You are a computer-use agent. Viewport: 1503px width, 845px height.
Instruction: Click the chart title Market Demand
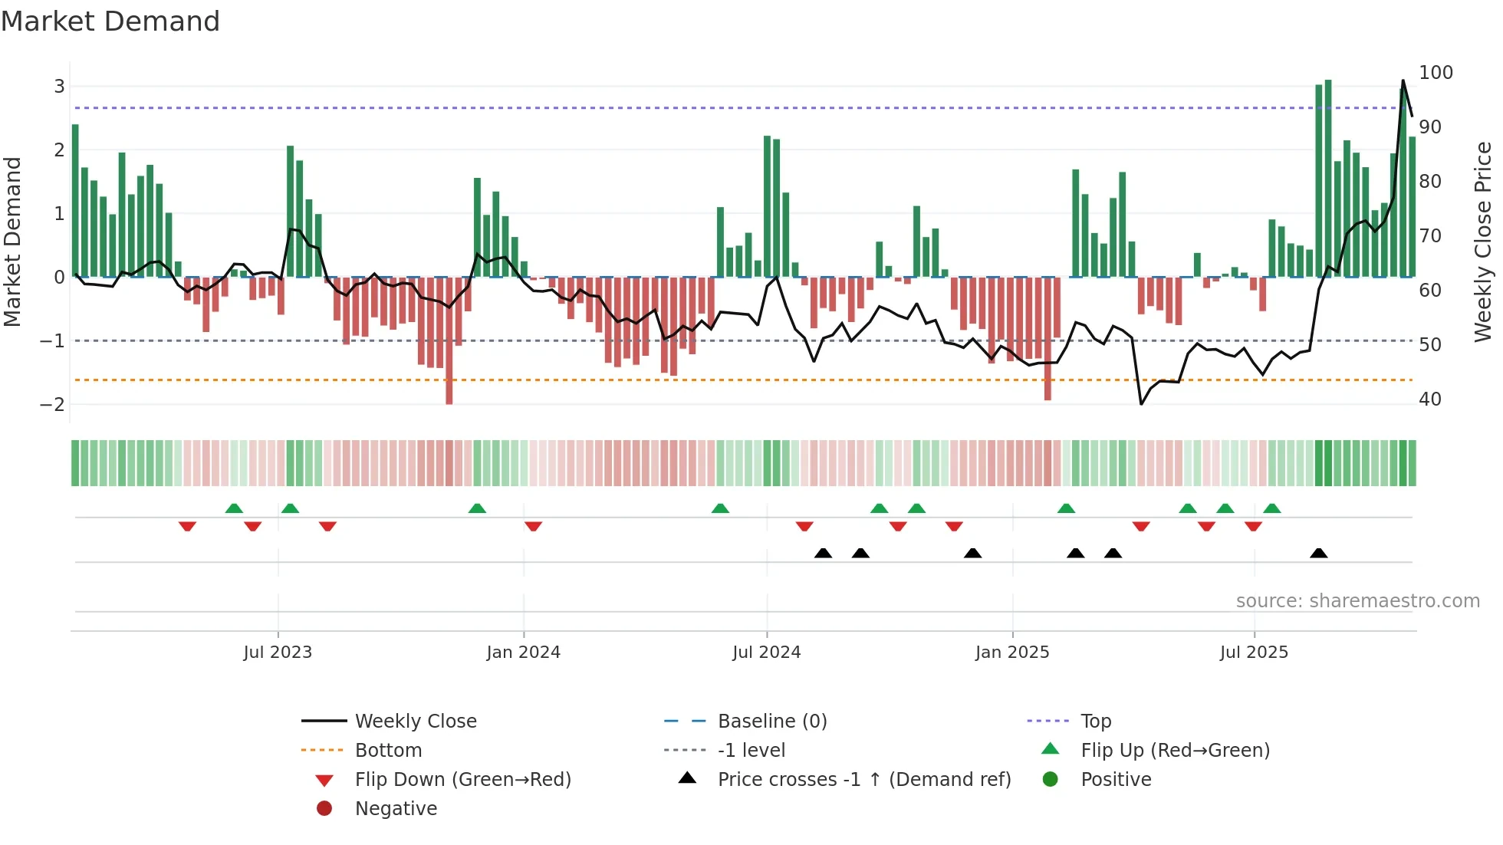(x=110, y=21)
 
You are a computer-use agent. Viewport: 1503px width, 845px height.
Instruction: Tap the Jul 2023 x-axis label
(x=278, y=653)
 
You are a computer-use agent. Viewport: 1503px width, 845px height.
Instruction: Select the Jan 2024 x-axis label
(x=524, y=653)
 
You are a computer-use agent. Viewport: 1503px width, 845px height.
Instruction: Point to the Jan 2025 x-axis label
(x=1012, y=653)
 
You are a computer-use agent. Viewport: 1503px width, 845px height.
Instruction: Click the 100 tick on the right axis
(x=1436, y=73)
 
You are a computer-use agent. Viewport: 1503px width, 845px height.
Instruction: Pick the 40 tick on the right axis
(x=1429, y=399)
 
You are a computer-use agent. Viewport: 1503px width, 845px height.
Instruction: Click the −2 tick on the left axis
(x=52, y=404)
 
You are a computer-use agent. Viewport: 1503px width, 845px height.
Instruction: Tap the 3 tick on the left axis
(x=59, y=87)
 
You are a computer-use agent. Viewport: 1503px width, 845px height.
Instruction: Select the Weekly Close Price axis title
(x=1483, y=242)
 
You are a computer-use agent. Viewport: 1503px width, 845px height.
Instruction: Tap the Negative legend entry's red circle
(x=324, y=809)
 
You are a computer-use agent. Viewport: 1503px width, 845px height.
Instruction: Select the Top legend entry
(x=1096, y=722)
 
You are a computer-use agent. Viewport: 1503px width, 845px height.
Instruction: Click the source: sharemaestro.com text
(x=1357, y=601)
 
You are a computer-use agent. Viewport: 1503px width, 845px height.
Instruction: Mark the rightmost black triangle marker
(x=1319, y=554)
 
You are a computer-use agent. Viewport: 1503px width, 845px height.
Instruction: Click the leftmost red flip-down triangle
(x=187, y=526)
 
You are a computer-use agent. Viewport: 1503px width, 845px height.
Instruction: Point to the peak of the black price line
(x=1403, y=81)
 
